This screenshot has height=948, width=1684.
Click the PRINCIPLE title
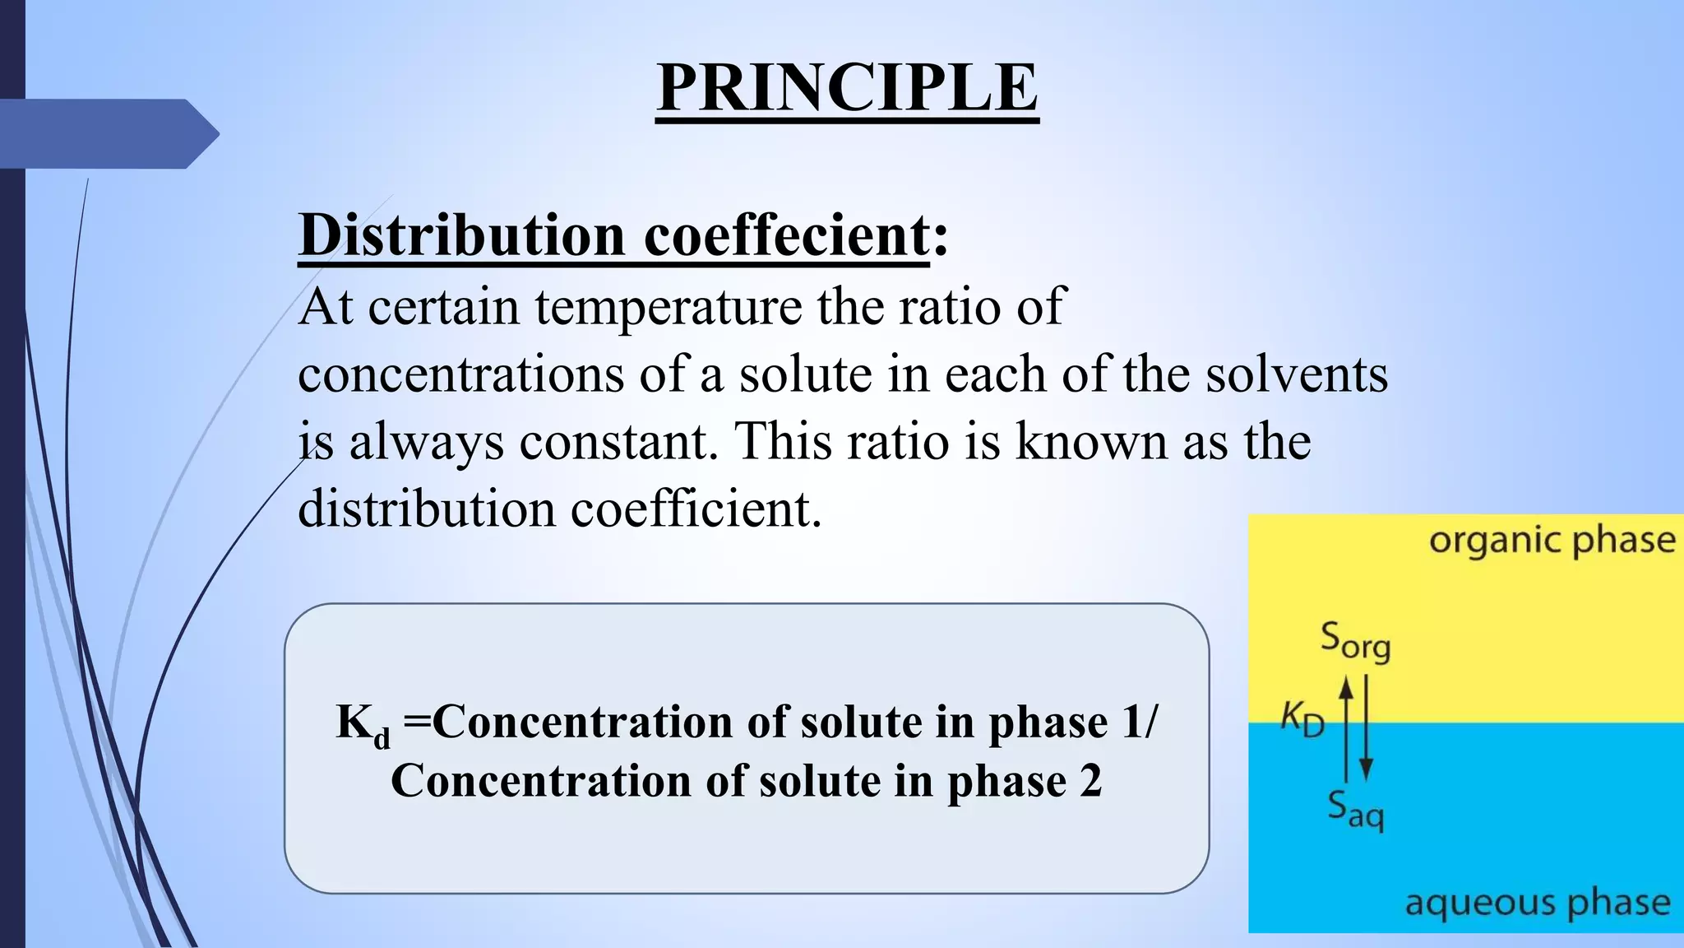point(847,88)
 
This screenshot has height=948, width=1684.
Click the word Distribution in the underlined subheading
point(463,236)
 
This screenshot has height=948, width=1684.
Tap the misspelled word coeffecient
point(786,236)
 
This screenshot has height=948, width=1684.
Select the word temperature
point(668,308)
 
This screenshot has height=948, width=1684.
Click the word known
point(1091,442)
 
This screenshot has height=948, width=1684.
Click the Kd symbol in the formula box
point(363,725)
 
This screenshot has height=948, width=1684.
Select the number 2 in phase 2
point(1090,781)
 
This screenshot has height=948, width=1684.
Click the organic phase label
point(1551,541)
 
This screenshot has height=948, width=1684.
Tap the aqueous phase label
point(1537,903)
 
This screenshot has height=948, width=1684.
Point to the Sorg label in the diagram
point(1355,641)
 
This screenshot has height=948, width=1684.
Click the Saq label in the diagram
point(1355,810)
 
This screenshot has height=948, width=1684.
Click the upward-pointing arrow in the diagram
point(1346,724)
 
